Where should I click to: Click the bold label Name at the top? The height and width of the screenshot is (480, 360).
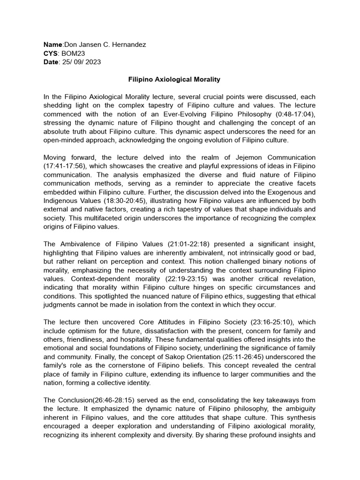(x=52, y=45)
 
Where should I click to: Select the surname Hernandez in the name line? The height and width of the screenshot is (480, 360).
(x=127, y=45)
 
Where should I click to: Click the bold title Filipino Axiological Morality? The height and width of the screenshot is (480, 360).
(x=174, y=80)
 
